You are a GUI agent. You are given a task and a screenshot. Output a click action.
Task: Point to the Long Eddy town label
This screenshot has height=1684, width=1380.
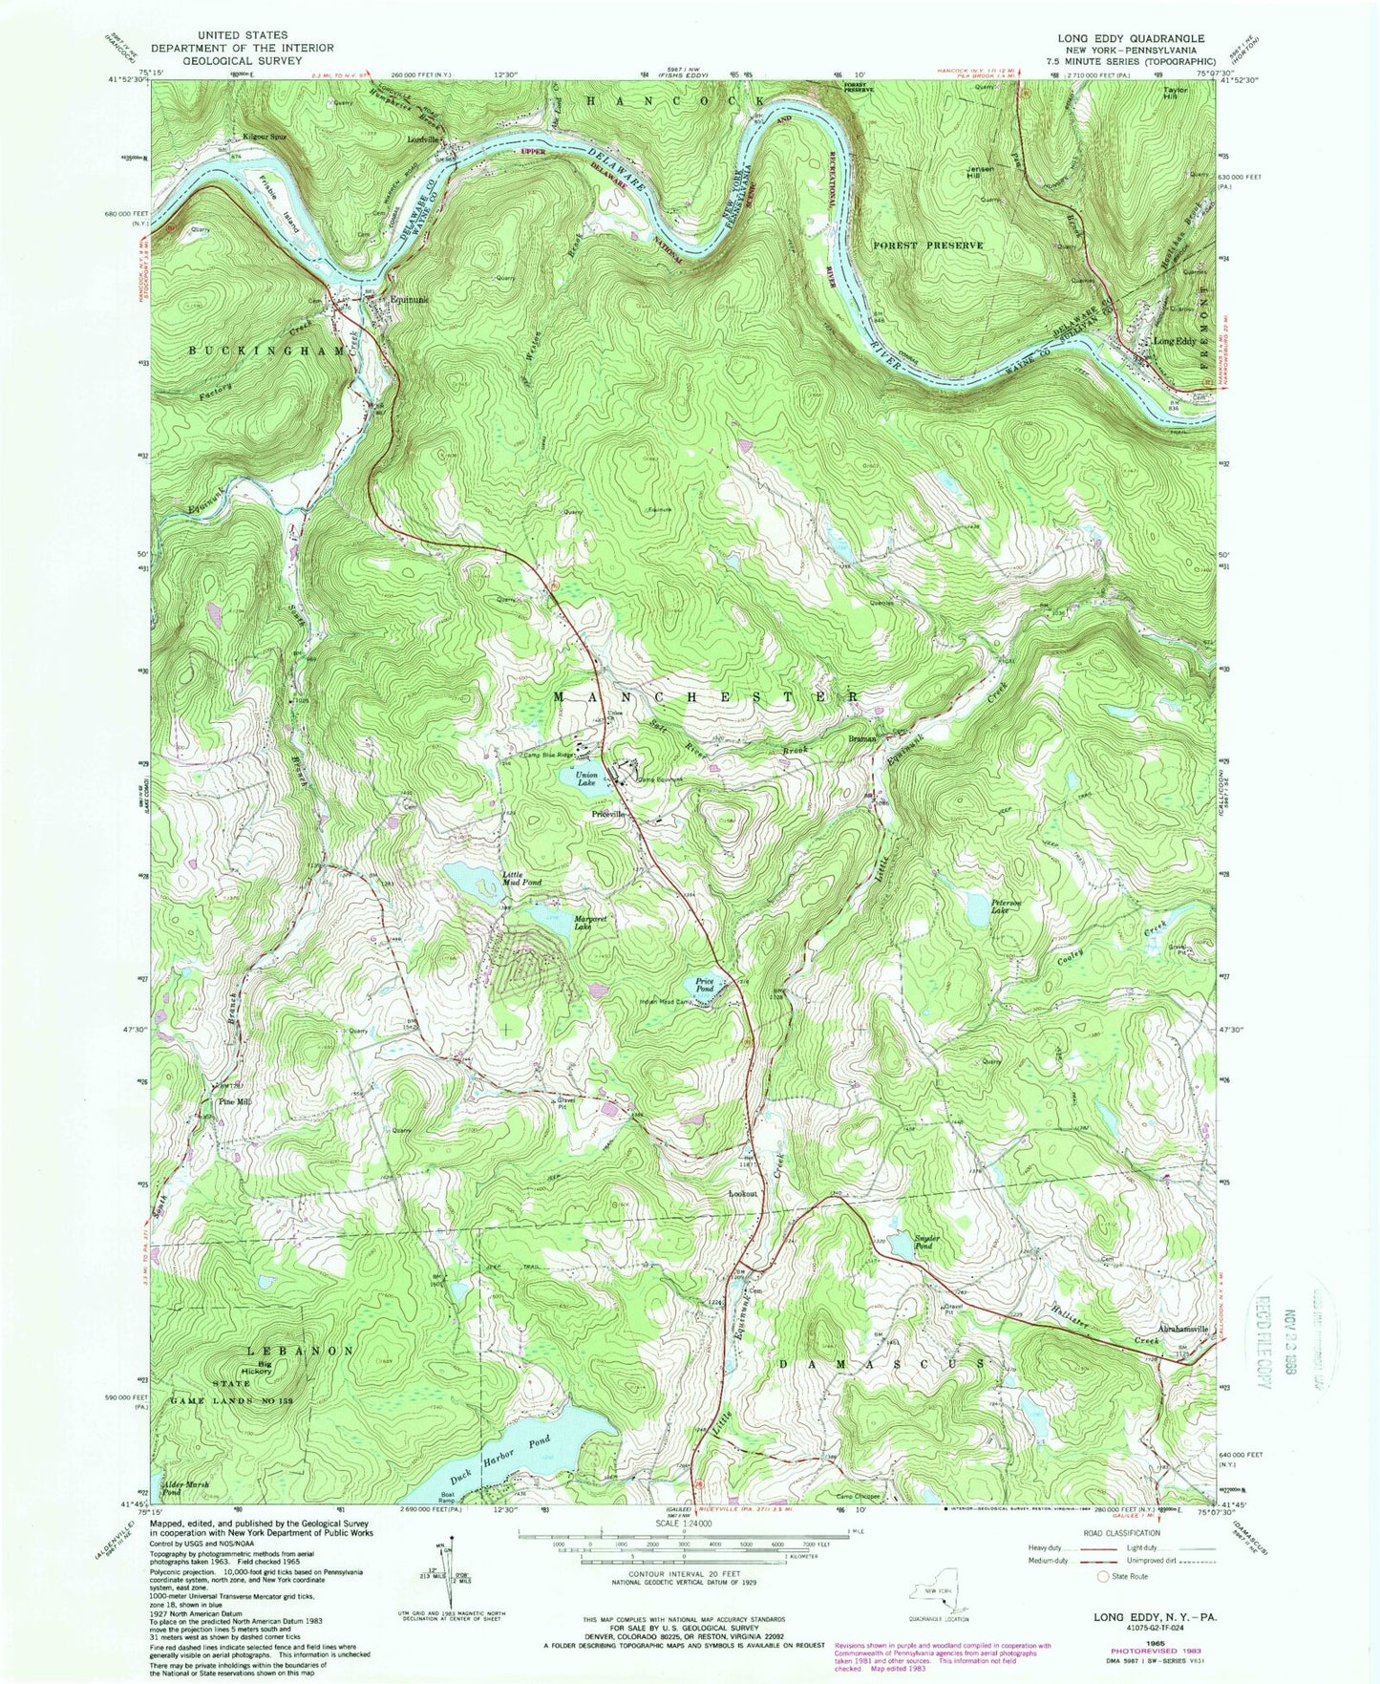1175,341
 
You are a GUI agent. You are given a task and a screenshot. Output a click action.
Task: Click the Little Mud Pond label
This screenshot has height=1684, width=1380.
522,878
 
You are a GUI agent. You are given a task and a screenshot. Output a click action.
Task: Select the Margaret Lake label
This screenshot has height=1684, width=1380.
591,923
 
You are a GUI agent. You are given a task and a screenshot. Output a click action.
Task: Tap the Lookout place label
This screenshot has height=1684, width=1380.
743,1194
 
